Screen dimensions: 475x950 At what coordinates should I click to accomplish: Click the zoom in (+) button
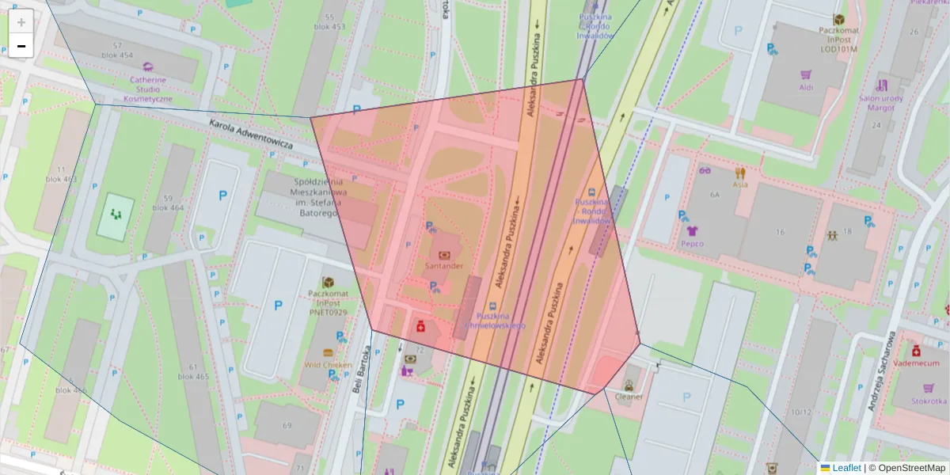[21, 22]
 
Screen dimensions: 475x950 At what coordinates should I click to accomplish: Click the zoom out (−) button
[21, 46]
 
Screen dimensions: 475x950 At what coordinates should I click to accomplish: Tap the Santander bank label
[444, 266]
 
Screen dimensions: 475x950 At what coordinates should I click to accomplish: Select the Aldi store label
[806, 87]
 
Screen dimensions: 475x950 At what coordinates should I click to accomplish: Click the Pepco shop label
[692, 244]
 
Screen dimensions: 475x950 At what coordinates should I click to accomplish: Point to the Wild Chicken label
[328, 365]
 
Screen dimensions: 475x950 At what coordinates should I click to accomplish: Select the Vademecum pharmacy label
[916, 362]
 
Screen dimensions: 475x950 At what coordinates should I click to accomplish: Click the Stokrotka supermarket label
[928, 401]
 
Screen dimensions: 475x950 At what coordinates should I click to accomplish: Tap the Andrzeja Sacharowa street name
[881, 371]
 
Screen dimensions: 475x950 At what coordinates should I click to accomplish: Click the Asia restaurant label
[740, 184]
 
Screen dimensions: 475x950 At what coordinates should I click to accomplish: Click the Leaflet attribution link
[845, 468]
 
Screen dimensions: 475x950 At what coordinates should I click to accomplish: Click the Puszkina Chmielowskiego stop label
[496, 321]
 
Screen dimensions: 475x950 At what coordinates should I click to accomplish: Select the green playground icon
[116, 214]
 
